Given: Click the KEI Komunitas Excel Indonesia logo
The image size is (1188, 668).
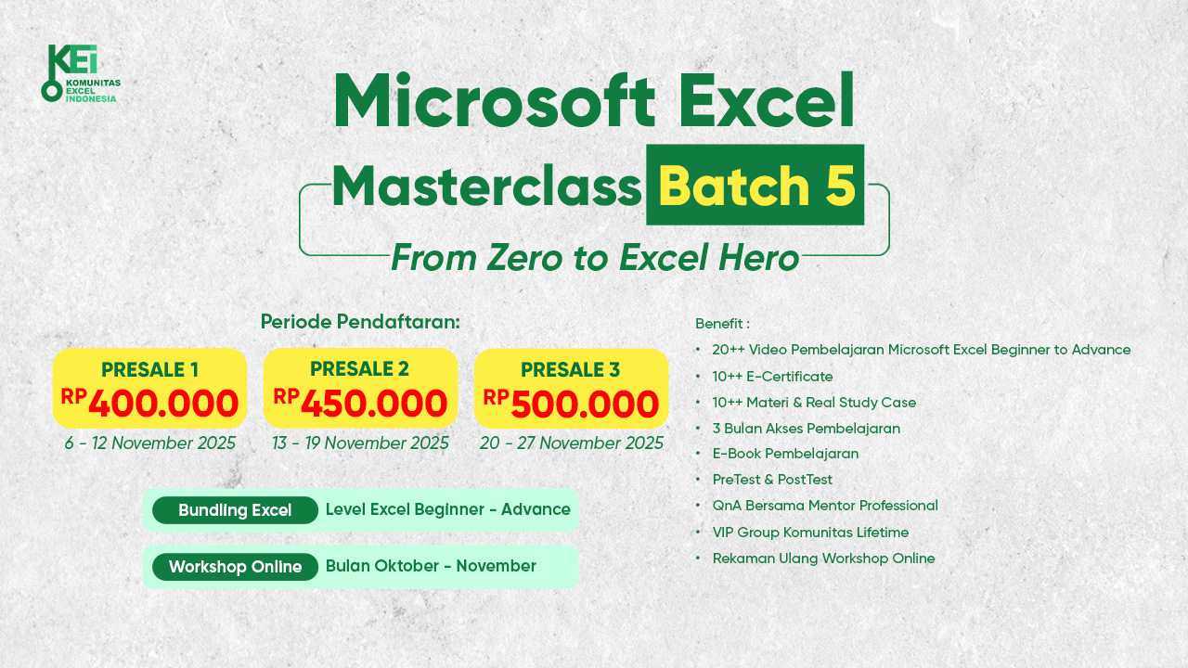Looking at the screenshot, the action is tap(81, 73).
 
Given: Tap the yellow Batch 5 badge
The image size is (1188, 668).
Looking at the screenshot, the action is tap(755, 185).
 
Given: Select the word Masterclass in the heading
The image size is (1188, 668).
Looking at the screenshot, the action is tap(487, 186).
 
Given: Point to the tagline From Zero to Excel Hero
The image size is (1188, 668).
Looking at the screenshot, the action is tap(595, 258).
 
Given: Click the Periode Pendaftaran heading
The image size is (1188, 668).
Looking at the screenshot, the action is tap(360, 322).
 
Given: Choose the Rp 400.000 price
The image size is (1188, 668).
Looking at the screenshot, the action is tap(149, 403).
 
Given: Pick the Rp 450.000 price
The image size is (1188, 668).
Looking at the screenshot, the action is tap(360, 403).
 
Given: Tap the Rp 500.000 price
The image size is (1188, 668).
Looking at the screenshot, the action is tap(571, 403).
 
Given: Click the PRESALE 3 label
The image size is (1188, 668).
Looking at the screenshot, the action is tap(570, 369).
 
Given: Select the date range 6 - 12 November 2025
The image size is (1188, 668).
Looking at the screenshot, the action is tap(150, 443).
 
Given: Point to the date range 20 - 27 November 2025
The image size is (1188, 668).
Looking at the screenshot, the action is tap(571, 443).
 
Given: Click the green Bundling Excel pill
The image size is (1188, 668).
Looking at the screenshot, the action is tap(235, 510).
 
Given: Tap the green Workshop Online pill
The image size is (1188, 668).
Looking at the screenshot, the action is tap(235, 567).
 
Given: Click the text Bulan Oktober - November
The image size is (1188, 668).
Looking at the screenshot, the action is tap(431, 566).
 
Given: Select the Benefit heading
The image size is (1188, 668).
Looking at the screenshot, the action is tap(722, 324).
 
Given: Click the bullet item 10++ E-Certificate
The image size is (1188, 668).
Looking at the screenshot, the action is tap(772, 377).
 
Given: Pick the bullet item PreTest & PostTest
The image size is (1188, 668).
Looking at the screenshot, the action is tap(772, 480).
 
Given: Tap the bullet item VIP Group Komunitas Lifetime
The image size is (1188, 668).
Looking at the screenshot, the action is tap(810, 533).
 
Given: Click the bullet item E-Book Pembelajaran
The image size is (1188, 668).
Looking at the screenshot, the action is tap(785, 454).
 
